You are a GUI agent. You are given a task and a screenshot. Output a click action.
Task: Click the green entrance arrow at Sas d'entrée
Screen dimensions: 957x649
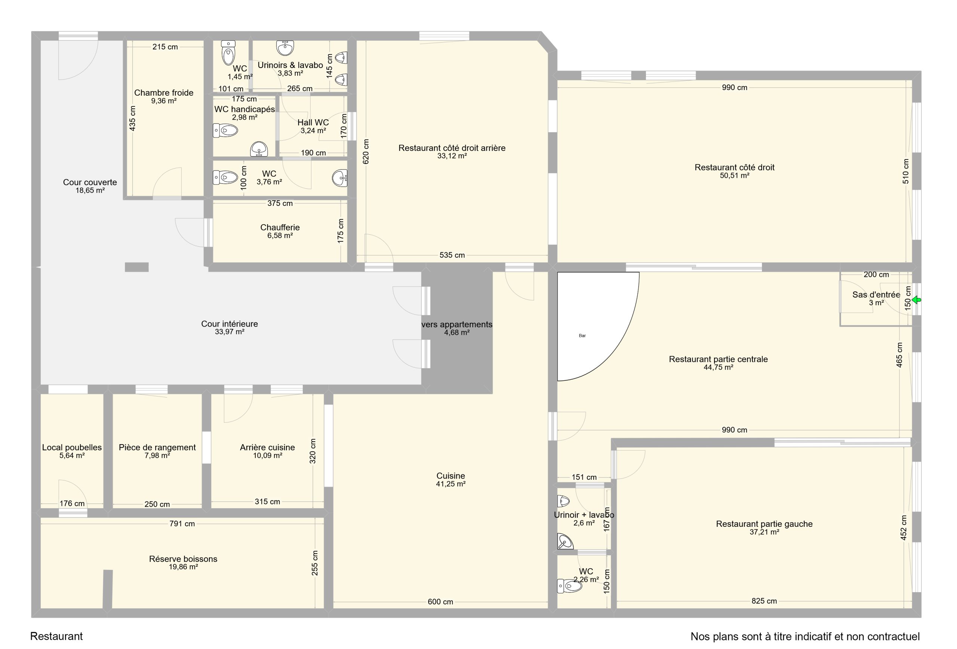tap(916, 300)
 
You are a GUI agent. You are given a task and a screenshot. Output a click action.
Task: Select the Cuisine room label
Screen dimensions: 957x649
tap(450, 476)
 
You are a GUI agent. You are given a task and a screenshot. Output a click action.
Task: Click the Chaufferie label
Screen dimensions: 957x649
tap(280, 228)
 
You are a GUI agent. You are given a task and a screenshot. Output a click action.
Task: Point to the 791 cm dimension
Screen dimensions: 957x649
tap(182, 524)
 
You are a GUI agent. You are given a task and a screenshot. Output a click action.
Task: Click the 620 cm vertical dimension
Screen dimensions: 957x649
tap(366, 151)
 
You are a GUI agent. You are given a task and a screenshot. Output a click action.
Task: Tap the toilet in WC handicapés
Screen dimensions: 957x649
tap(225, 131)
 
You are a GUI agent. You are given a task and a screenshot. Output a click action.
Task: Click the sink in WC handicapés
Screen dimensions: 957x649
tap(259, 149)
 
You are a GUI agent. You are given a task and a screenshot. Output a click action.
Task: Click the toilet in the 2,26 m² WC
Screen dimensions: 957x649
tap(569, 586)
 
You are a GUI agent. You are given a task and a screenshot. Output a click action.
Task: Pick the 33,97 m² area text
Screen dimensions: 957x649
tap(230, 332)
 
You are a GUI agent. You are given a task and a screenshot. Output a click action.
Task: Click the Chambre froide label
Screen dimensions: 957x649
tap(164, 93)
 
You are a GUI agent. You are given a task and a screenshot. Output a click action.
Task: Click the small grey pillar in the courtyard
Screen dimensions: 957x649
tap(137, 267)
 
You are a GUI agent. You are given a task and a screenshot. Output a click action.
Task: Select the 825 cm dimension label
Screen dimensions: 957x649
tap(764, 601)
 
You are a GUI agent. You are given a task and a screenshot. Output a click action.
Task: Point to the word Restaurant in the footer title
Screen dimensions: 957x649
tap(56, 636)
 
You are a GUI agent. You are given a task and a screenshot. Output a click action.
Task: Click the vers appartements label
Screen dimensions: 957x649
tap(457, 324)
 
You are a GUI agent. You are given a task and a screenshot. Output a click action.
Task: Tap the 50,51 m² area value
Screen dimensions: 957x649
tap(734, 175)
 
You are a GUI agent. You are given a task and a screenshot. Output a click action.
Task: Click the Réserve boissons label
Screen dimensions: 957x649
tap(183, 559)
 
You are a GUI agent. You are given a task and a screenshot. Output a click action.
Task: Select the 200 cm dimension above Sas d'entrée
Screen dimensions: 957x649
tap(876, 275)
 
